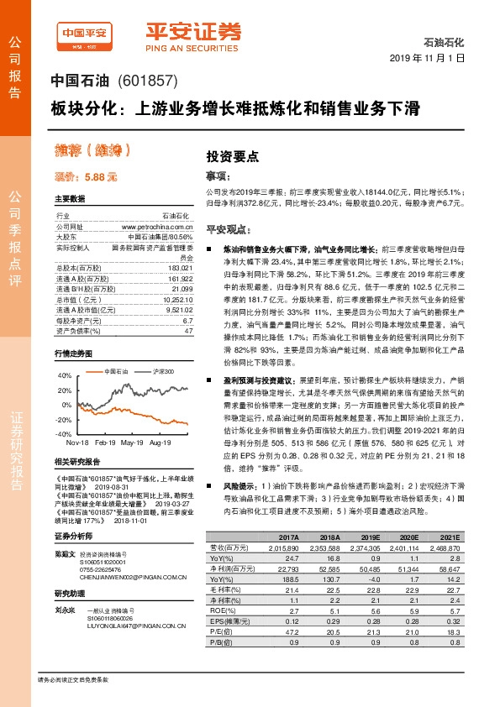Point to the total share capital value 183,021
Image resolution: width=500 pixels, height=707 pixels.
click(x=182, y=267)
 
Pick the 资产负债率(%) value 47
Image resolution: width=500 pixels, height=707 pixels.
click(x=189, y=331)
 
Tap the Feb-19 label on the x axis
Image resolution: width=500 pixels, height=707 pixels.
click(x=106, y=441)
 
